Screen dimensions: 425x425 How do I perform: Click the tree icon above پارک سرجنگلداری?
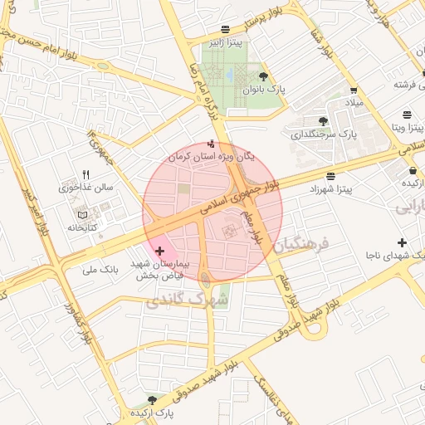click(x=346, y=120)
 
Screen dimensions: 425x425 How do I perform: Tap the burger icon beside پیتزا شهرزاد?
click(x=331, y=176)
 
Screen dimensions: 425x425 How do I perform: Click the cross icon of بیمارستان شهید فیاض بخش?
click(x=159, y=250)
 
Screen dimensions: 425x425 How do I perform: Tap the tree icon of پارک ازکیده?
click(x=151, y=400)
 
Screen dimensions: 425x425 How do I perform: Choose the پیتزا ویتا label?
click(x=409, y=128)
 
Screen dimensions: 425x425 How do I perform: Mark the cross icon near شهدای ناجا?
click(x=403, y=242)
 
